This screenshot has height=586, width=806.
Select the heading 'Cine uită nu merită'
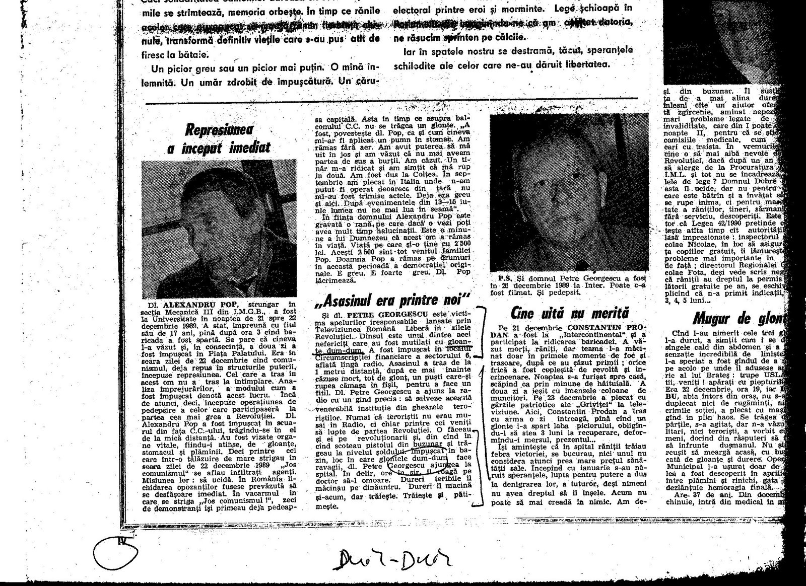563,313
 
